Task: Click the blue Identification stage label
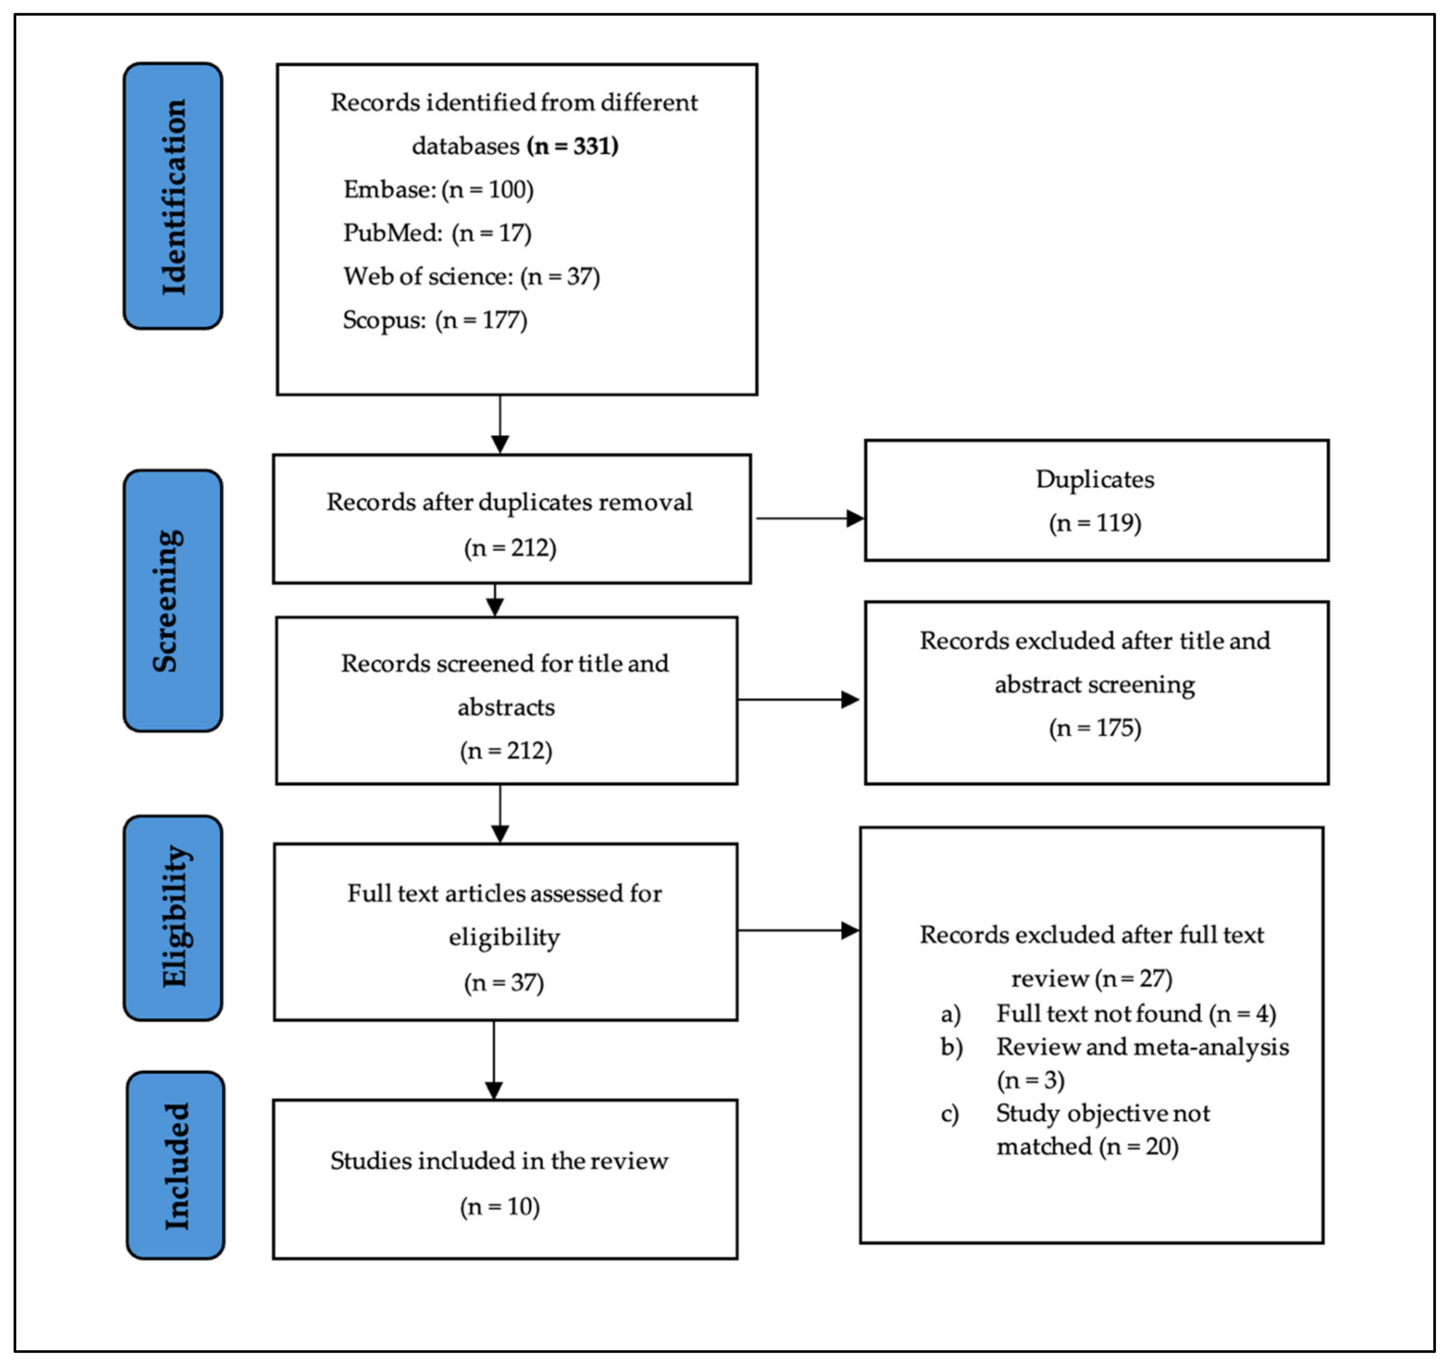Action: [x=173, y=196]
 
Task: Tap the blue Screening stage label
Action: [x=173, y=600]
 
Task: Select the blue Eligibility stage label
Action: [x=173, y=918]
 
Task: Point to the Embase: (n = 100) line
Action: [x=439, y=190]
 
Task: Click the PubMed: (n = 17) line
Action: [x=437, y=234]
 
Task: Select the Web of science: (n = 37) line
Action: [x=471, y=276]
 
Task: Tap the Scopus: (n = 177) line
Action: [x=435, y=320]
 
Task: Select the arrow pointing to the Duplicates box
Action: [x=810, y=518]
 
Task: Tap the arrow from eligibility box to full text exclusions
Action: [x=799, y=930]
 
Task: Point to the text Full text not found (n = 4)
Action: [x=1136, y=1014]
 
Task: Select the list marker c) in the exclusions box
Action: [x=950, y=1114]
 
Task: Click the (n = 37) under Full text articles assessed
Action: [x=504, y=982]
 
